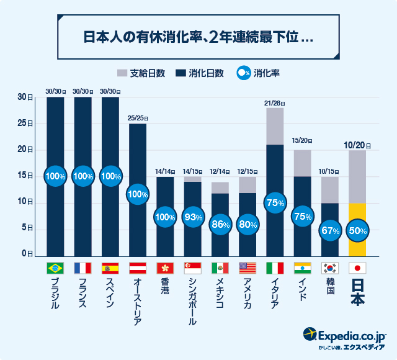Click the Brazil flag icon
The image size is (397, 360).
[x=55, y=268]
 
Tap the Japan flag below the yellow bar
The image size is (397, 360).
[x=357, y=268]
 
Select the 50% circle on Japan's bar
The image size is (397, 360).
[x=357, y=230]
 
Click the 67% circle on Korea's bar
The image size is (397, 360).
[x=329, y=230]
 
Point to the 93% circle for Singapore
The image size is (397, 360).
[x=192, y=217]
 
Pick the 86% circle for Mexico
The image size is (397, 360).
[x=220, y=224]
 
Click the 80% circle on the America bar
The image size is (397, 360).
[x=247, y=224]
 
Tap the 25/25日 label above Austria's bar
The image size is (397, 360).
[x=138, y=118]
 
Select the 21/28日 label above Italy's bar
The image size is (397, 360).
[x=274, y=102]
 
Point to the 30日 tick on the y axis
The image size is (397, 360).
[x=25, y=97]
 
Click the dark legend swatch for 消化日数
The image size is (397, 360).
[x=181, y=73]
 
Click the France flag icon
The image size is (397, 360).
[x=83, y=268]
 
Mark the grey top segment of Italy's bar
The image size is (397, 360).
[x=275, y=126]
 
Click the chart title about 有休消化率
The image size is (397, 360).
[x=198, y=37]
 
